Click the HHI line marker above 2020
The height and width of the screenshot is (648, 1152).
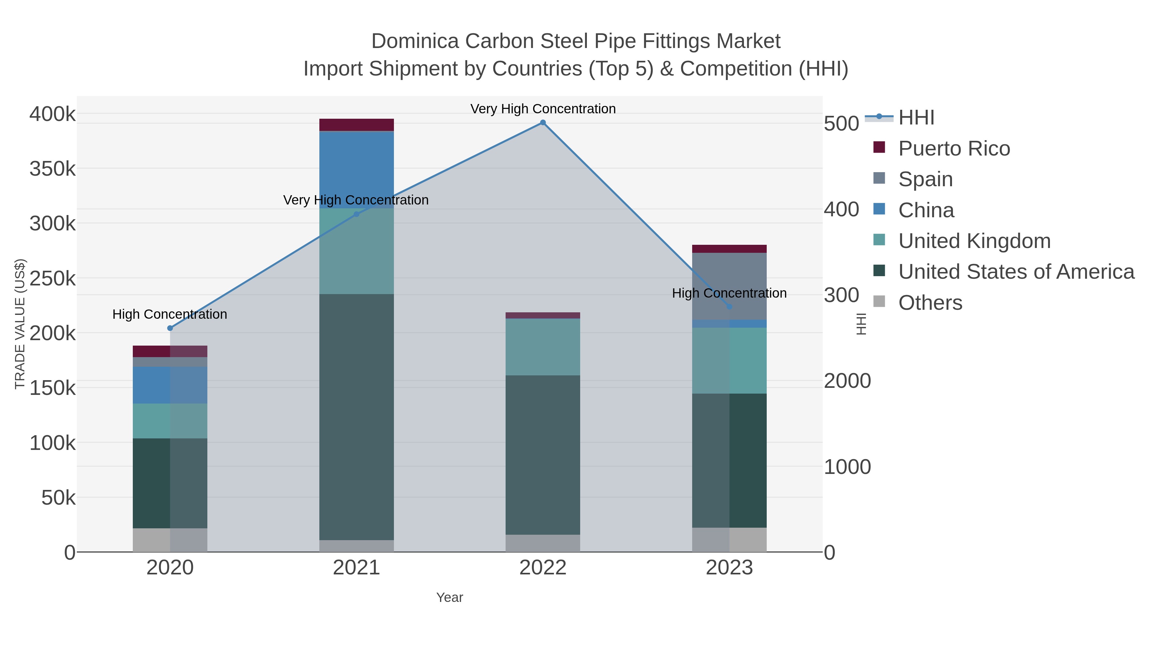(170, 328)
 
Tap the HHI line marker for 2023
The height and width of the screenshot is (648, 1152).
(729, 307)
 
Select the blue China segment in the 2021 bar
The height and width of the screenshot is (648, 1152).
(356, 170)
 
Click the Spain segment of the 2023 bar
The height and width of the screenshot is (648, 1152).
(729, 286)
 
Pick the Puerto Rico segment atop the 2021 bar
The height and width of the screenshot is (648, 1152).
(356, 125)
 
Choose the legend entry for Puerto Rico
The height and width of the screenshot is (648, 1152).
(954, 148)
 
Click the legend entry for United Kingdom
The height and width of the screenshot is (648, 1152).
(974, 241)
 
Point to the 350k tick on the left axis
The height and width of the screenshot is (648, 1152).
(53, 169)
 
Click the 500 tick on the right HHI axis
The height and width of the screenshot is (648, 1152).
(842, 124)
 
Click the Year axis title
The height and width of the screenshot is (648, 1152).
(450, 597)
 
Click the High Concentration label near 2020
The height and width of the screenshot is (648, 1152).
(170, 314)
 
